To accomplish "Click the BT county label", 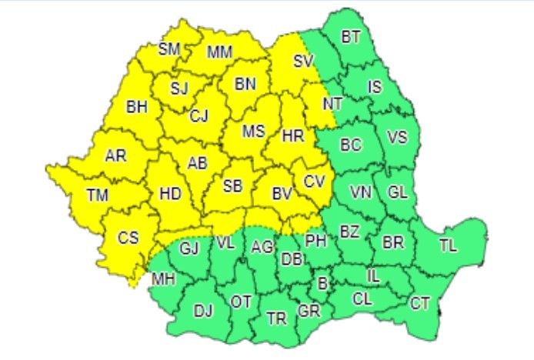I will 350,36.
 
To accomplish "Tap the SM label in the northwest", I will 169,50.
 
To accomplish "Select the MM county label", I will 220,53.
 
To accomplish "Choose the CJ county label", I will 199,116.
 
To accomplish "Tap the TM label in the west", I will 97,195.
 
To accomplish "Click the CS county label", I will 128,238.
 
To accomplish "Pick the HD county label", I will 170,195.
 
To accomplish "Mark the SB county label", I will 232,186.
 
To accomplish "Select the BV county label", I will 282,195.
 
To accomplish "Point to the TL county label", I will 448,246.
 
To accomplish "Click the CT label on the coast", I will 419,304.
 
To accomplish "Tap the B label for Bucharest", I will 322,284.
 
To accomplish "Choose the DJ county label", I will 203,311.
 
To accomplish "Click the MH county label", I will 162,279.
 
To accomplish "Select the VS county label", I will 397,138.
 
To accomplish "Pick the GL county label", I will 397,192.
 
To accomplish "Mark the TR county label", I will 275,318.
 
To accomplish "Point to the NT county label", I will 332,102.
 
